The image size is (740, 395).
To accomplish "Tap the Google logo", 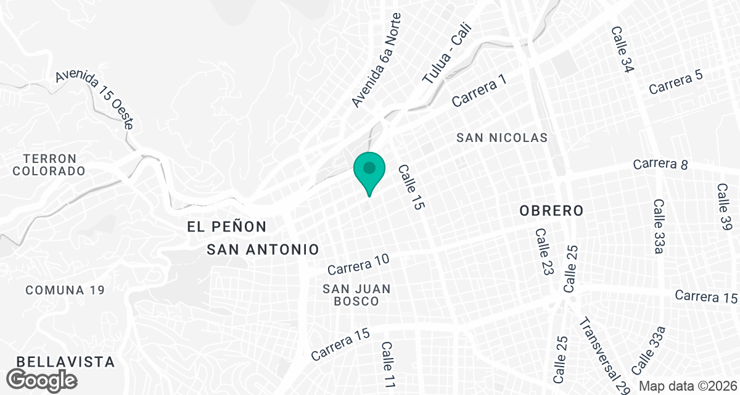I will [x=43, y=379].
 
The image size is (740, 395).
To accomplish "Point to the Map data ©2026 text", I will [x=688, y=386].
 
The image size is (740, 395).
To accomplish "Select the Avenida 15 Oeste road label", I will [x=94, y=99].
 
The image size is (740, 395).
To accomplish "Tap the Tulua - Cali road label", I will [x=446, y=54].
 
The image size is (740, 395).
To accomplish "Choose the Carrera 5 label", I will [x=676, y=81].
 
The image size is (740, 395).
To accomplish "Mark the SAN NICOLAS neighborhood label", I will [x=502, y=138].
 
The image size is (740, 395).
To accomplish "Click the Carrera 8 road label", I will [x=660, y=164].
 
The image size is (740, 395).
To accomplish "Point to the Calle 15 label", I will [x=411, y=188].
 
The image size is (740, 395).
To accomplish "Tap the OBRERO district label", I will [x=551, y=210].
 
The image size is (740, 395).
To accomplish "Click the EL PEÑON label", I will [x=227, y=227].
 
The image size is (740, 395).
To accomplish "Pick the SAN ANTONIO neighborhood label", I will [x=263, y=249].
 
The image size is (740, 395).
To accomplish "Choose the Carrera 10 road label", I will [x=358, y=265].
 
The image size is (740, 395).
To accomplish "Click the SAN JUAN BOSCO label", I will [x=356, y=295].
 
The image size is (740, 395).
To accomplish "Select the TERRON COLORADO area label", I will [x=49, y=165].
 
